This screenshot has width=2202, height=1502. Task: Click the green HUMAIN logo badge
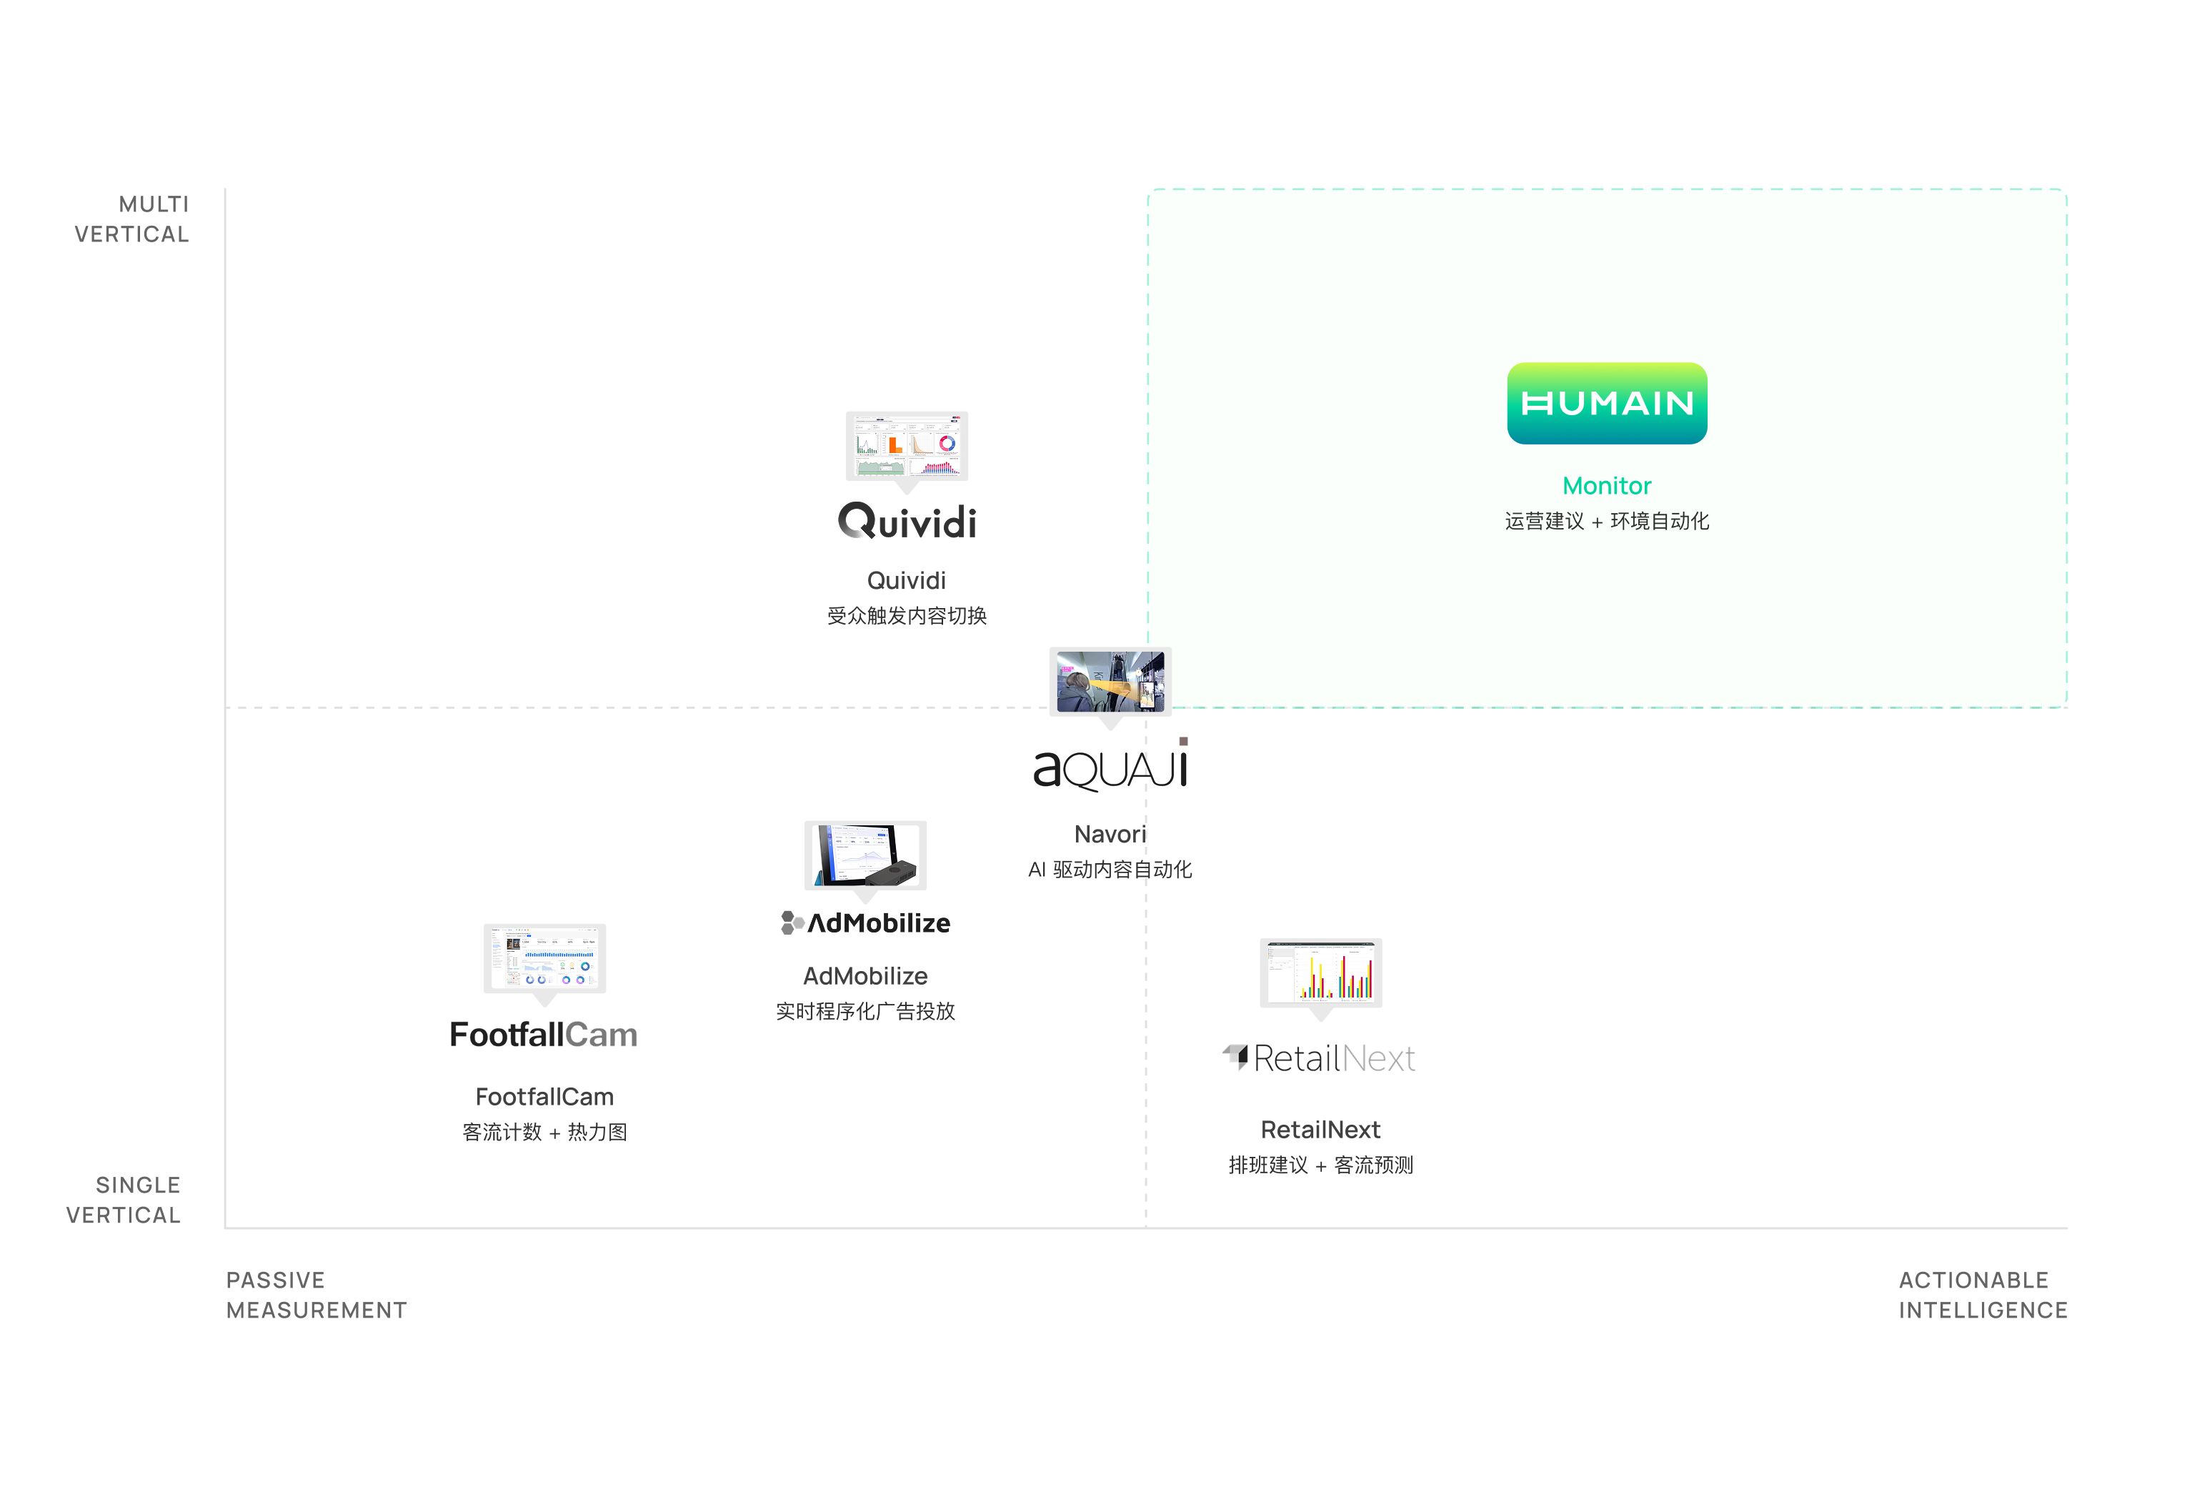[x=1607, y=404]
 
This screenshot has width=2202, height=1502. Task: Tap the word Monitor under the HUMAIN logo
[x=1607, y=486]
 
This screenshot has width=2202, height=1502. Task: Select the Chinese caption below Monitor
[x=1607, y=521]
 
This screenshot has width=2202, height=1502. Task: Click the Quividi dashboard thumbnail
[x=907, y=445]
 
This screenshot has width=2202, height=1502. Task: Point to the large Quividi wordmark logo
[x=907, y=521]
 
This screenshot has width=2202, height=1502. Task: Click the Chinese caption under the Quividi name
[x=907, y=616]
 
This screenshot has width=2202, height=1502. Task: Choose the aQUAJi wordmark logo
[x=1110, y=767]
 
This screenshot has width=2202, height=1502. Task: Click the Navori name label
[x=1110, y=834]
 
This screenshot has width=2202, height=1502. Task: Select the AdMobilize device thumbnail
[x=865, y=855]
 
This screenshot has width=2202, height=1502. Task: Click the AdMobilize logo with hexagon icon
[x=865, y=923]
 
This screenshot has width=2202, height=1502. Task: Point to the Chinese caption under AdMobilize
[x=865, y=1011]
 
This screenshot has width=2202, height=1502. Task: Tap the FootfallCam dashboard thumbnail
[x=545, y=958]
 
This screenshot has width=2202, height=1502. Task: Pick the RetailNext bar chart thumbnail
[x=1321, y=973]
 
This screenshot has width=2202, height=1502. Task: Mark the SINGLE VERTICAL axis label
[x=123, y=1200]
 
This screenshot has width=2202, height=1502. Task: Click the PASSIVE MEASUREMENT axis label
[x=317, y=1295]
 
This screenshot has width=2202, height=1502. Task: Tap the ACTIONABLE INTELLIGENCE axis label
[x=1982, y=1295]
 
